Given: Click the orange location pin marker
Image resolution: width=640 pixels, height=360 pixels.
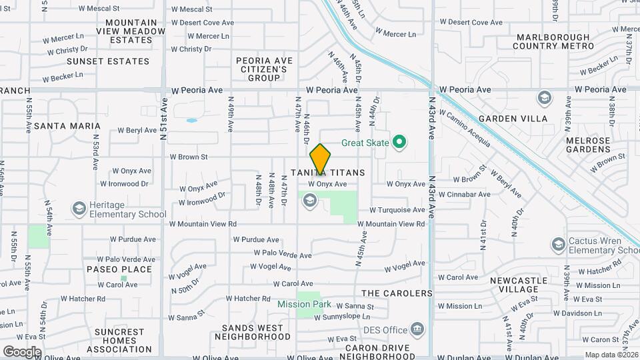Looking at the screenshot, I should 321,159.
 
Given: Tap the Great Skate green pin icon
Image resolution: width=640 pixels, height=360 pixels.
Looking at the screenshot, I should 399,141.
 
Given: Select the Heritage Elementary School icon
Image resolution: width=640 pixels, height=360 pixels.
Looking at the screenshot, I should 79,209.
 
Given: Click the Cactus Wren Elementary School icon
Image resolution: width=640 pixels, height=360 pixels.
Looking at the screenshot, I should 558,245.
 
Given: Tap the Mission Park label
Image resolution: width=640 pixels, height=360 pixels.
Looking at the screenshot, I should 304,304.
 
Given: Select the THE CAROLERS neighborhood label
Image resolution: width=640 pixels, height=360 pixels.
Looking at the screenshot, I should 397,293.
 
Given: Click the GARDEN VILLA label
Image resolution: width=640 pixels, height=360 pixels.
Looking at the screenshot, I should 521,119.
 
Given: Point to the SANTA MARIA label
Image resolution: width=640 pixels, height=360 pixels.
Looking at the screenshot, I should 67,125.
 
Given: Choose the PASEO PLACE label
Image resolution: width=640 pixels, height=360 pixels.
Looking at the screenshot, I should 119,269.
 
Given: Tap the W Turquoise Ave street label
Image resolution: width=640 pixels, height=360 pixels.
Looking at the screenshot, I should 397,210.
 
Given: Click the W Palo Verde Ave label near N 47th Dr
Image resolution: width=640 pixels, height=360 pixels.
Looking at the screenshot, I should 283,254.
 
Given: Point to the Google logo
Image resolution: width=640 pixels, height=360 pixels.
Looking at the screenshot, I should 21,351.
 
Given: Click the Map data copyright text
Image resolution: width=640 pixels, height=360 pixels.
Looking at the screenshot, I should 611,355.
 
